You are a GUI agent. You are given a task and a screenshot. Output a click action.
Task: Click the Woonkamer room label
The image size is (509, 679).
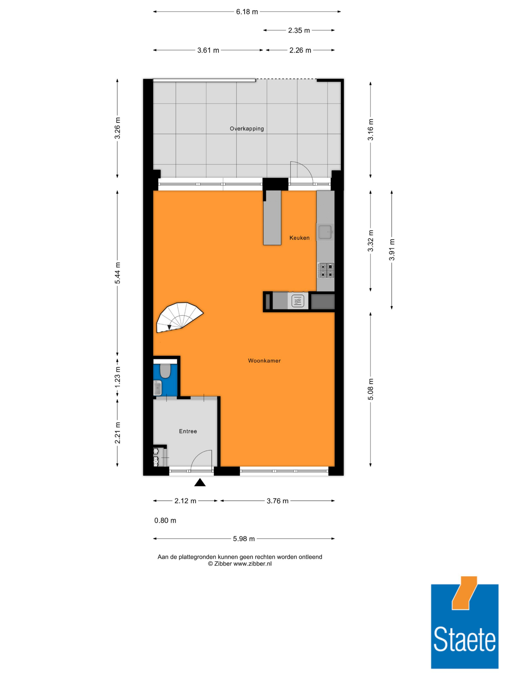pos(264,361)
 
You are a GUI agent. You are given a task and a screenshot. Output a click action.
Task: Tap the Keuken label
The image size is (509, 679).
pos(300,238)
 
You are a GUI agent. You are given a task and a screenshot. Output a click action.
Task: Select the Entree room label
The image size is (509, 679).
pos(188,431)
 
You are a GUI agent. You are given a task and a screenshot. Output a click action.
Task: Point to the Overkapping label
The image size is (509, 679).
pos(247,129)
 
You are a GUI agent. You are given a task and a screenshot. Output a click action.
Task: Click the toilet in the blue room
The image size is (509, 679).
pos(165,371)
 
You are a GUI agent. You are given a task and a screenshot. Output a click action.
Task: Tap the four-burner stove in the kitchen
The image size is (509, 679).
pos(326,270)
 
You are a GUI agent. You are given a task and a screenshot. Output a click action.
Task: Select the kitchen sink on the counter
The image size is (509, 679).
pos(325,232)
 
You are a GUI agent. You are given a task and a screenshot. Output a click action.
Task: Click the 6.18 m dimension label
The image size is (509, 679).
pos(247,12)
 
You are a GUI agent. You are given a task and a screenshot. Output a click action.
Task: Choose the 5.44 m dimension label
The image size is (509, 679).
pos(118,273)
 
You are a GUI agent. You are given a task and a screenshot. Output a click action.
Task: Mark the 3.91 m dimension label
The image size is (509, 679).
pos(392,250)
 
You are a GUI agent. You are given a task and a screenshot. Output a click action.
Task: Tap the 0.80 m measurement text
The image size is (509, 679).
pos(165,520)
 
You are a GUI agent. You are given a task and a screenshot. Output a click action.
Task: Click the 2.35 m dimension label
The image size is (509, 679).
pos(299,30)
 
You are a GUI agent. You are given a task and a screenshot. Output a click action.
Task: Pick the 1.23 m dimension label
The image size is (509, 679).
pos(118,377)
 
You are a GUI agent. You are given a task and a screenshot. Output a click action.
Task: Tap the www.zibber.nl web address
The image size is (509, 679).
pos(252,564)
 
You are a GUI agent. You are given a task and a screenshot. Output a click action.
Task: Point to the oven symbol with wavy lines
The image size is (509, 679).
pos(298,301)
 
